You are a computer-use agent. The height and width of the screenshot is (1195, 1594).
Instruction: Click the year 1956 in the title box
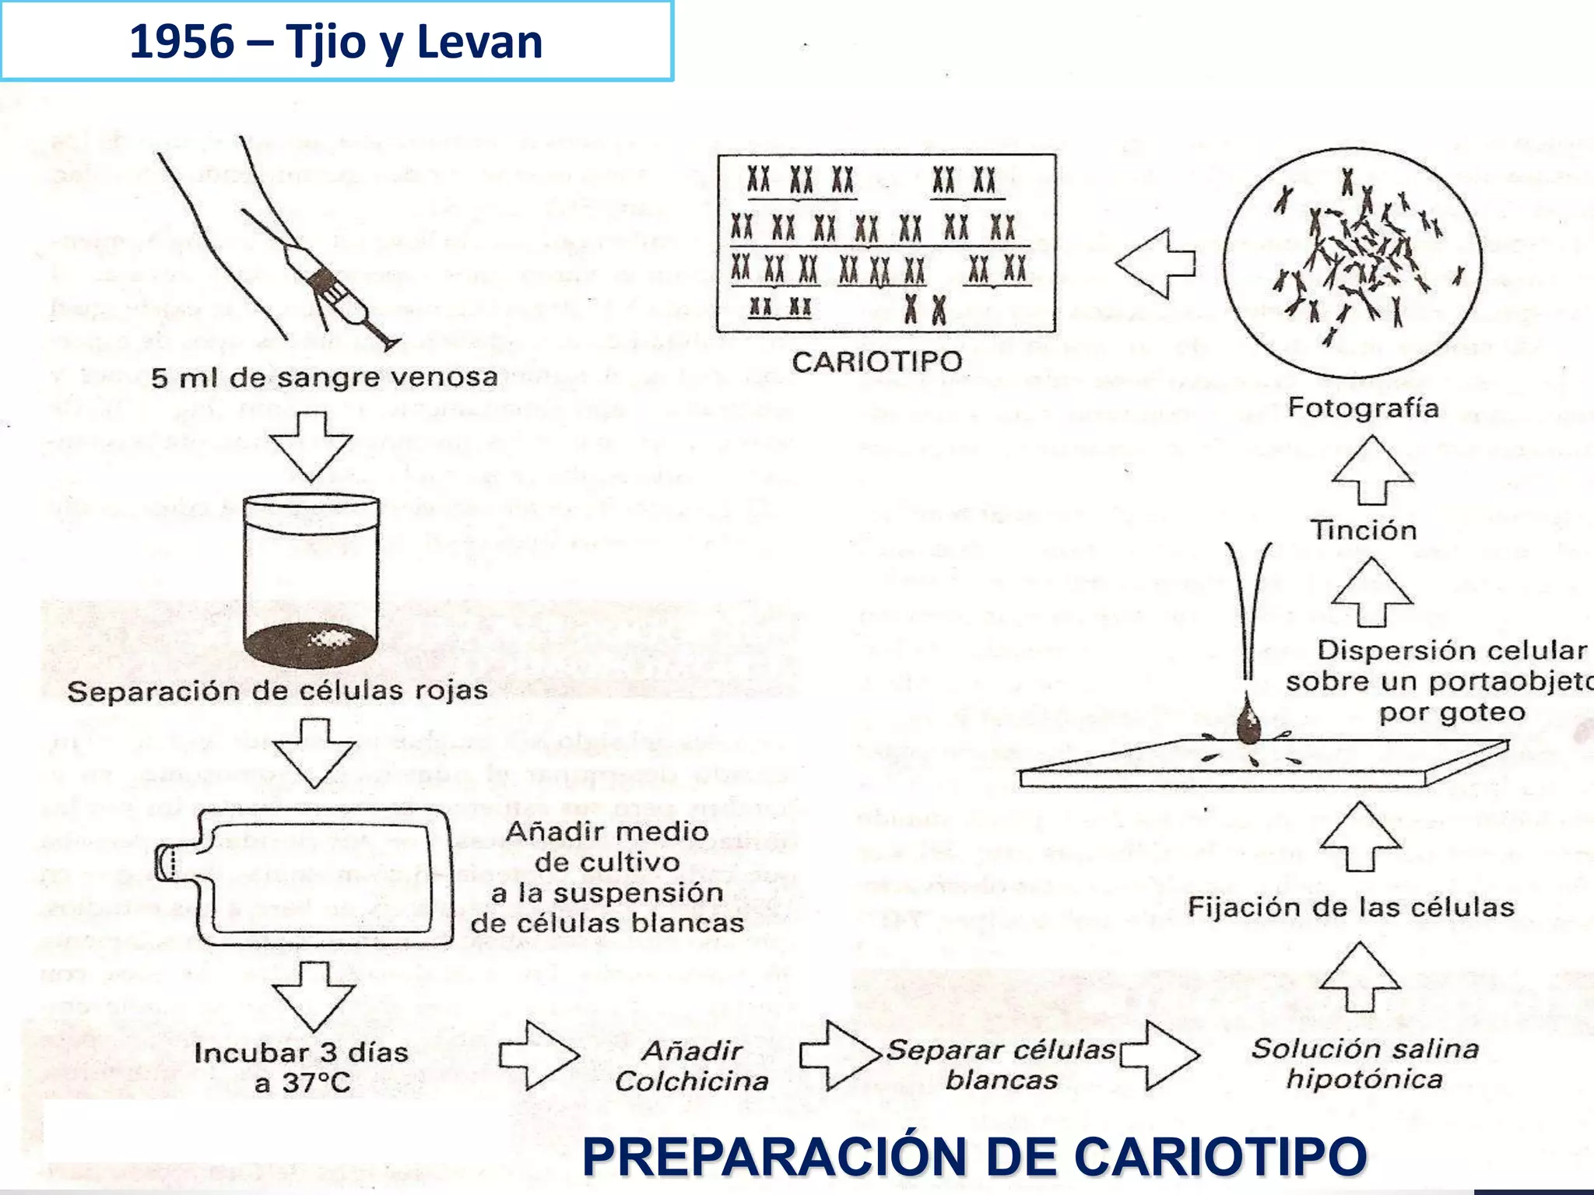pyautogui.click(x=181, y=42)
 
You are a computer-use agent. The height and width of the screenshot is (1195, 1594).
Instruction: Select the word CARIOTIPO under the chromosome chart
pyautogui.click(x=877, y=362)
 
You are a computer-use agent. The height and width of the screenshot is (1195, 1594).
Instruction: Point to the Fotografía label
pyautogui.click(x=1363, y=408)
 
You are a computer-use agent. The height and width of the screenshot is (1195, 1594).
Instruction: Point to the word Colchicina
pyautogui.click(x=691, y=1082)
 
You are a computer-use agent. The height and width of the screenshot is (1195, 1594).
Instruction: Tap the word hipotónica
pyautogui.click(x=1364, y=1080)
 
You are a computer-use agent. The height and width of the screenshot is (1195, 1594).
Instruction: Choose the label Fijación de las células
pyautogui.click(x=1350, y=907)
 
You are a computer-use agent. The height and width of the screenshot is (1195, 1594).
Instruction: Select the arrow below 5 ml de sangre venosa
pyautogui.click(x=311, y=447)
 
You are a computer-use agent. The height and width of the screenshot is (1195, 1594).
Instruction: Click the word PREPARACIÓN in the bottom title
pyautogui.click(x=775, y=1157)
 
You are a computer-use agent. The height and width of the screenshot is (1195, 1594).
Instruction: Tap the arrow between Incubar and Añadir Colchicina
pyautogui.click(x=539, y=1055)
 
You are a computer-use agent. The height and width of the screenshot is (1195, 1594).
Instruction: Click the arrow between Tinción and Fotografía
pyautogui.click(x=1371, y=469)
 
